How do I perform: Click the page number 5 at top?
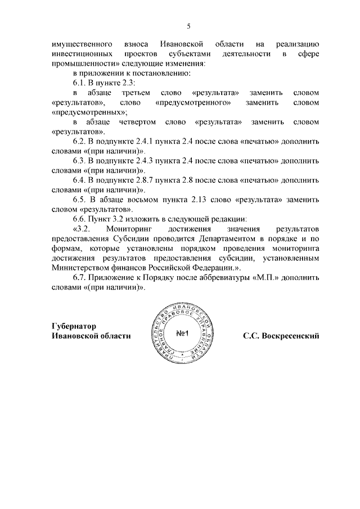coord(189,26)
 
